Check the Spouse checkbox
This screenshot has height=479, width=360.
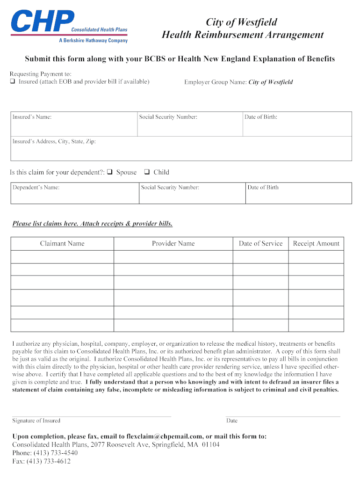coord(109,172)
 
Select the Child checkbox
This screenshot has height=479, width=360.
coord(146,172)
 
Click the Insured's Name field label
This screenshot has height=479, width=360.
coord(32,117)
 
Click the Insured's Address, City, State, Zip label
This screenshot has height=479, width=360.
coord(54,141)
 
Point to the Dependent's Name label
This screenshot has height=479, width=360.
coord(36,188)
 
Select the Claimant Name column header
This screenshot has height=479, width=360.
coord(62,243)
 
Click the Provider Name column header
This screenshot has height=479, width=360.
coord(173,243)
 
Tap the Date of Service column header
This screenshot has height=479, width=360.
coord(260,243)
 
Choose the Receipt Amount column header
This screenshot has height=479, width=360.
coord(316,243)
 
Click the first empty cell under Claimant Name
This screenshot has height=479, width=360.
coord(62,257)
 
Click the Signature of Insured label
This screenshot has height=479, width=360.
coord(36,421)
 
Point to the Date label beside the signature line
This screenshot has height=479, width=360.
coord(232,421)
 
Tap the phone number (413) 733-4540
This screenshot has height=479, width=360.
coord(55,453)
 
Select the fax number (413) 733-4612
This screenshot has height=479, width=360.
coord(51,461)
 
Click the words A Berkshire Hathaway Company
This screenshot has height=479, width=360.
coord(93,41)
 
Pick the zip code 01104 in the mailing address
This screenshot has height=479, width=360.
coord(210,444)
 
